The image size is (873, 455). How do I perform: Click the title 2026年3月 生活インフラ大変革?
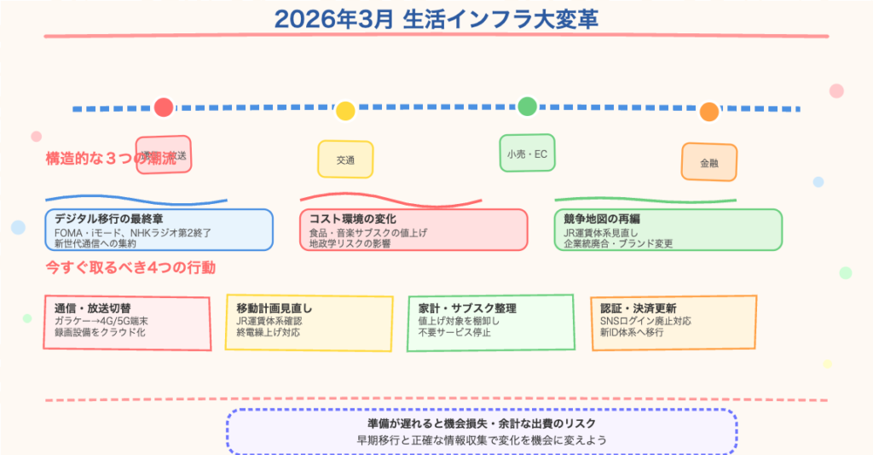436,19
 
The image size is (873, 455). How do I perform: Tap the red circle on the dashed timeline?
164,108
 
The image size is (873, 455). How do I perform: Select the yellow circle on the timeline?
345,110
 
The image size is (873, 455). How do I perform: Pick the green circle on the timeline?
527,106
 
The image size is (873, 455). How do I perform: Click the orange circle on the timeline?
709,112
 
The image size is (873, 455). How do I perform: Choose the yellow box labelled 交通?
345,160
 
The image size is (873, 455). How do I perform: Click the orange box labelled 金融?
709,162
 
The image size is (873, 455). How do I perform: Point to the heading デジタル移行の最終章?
107,219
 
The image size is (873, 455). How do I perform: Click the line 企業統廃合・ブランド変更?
618,243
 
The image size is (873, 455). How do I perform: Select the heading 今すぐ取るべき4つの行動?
130,267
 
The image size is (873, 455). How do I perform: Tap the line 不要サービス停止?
454,333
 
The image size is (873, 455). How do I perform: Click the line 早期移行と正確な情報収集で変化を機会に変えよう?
482,440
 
